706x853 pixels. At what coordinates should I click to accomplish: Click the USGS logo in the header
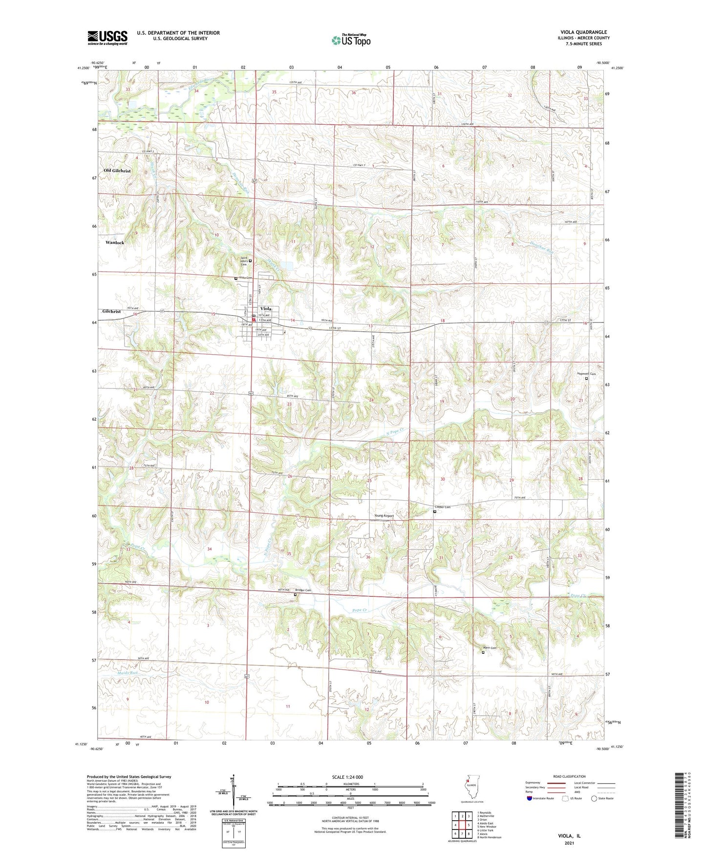pos(107,38)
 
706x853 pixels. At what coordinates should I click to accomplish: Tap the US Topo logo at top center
pos(351,40)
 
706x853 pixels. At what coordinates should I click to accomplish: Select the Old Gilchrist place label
pos(117,171)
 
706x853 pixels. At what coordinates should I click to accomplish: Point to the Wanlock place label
pos(115,242)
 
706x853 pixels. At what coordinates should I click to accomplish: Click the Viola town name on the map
pos(266,309)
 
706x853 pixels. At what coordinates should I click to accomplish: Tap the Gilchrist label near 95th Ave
pos(111,311)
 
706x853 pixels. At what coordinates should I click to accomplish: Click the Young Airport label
pos(384,515)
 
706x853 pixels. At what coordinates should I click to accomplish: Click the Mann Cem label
pos(489,648)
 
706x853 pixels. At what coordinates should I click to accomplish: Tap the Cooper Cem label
pos(442,507)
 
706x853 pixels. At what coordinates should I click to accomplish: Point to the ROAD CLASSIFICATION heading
pos(570,776)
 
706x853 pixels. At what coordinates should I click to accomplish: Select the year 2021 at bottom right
pos(569,843)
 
